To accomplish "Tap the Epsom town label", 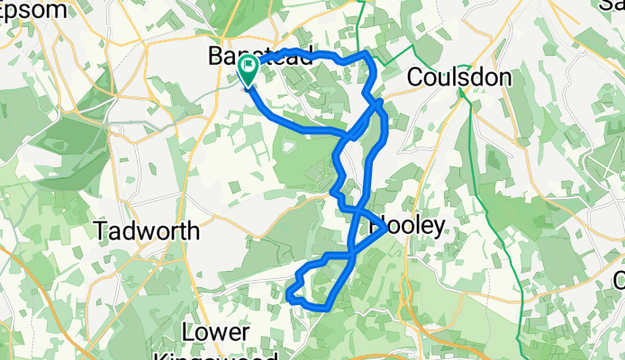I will point(34,11).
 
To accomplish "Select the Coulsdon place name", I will point(459,77).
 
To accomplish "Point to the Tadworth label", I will point(147,230).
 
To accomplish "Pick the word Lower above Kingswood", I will point(215,333).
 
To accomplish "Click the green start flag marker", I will point(248,69).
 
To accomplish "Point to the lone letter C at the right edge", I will point(619,280).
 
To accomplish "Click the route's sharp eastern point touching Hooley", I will point(385,229).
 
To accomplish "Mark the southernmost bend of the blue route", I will point(321,308).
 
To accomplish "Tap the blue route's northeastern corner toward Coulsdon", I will point(367,57).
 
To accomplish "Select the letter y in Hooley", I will point(437,227).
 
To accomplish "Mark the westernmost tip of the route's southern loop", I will point(288,294).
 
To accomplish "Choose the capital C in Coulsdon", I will point(415,77).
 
